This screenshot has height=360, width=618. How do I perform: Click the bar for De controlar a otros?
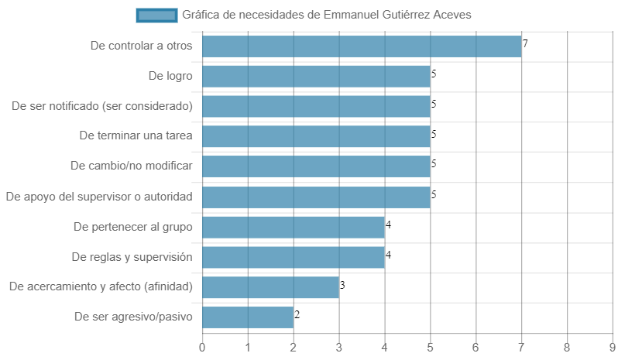tap(362, 46)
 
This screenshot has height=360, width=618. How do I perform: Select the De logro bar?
tap(316, 77)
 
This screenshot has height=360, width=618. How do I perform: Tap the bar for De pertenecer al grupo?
tap(294, 228)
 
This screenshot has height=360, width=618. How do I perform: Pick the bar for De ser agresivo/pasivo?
tap(248, 317)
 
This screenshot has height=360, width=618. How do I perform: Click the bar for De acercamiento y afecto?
tap(271, 287)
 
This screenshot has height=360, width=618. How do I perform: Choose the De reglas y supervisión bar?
tap(294, 257)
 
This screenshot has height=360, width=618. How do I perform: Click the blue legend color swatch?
tap(157, 15)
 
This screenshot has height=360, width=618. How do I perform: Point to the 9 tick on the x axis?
tap(612, 348)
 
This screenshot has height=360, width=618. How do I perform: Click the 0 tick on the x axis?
tap(202, 348)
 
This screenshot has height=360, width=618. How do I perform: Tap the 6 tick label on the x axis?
tap(476, 348)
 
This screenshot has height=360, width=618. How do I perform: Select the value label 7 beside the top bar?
tap(525, 43)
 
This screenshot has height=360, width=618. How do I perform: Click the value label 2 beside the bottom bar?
tap(297, 314)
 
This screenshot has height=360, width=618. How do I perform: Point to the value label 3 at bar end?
tap(342, 285)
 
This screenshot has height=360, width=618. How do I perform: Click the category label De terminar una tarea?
tap(136, 135)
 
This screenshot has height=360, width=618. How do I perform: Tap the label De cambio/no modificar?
tap(132, 166)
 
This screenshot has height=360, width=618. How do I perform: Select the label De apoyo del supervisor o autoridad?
tap(99, 197)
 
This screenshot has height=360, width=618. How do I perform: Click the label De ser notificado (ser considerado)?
tap(102, 106)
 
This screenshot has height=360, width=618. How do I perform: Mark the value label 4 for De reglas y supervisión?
tap(388, 255)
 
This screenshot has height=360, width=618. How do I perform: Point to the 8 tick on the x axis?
tap(567, 348)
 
